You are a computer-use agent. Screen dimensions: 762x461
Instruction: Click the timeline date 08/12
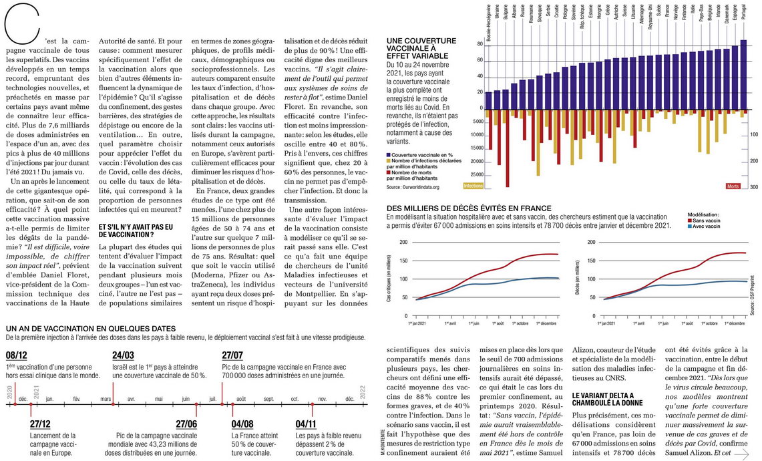(x=17, y=355)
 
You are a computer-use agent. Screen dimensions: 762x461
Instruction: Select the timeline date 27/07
(x=232, y=355)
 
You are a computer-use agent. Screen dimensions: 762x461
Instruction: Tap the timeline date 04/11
(x=306, y=424)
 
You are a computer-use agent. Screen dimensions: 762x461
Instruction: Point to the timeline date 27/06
(x=186, y=424)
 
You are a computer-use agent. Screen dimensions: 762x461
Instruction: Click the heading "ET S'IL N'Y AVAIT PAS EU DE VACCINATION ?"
(x=136, y=230)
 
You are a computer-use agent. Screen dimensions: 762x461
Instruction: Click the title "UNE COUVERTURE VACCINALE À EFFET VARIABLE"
(x=422, y=49)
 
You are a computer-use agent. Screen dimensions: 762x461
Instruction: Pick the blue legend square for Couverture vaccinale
(x=389, y=155)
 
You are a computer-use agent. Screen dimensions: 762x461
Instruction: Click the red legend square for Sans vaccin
(x=690, y=220)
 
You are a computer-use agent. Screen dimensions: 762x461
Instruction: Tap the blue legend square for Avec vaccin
(x=690, y=226)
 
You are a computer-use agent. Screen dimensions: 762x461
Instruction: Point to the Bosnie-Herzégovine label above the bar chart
(x=488, y=23)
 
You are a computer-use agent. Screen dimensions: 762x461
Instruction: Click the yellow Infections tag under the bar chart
(x=473, y=186)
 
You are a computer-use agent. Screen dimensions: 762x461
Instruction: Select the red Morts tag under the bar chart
(x=733, y=186)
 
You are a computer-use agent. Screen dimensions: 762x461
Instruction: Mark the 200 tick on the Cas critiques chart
(x=403, y=242)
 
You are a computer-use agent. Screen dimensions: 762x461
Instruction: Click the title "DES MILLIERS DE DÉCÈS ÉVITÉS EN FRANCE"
(x=469, y=208)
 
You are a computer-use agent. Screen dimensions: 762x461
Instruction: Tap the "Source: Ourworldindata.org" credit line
(x=413, y=187)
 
